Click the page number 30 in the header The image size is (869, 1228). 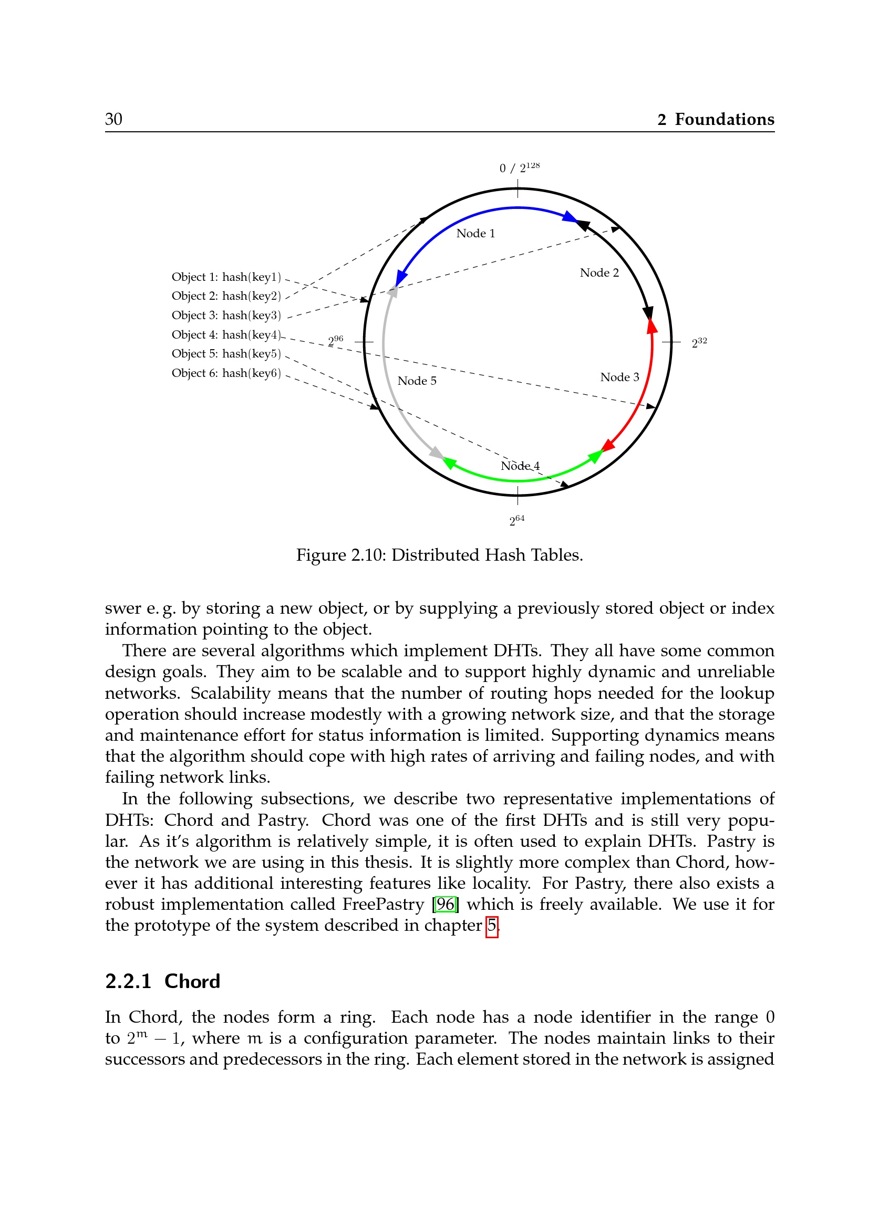coord(113,119)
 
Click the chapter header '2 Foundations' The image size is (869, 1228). coord(716,119)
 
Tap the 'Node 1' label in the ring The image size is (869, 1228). coord(475,233)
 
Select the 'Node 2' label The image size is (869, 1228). coord(599,273)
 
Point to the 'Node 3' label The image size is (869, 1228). coord(619,377)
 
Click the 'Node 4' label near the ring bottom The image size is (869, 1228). coord(520,466)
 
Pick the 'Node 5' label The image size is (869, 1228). coord(416,381)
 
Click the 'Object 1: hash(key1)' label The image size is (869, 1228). coord(226,277)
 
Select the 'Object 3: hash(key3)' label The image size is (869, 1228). coord(226,316)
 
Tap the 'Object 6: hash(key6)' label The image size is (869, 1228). coord(226,373)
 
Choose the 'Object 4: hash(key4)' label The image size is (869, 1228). coord(226,335)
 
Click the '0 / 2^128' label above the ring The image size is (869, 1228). coord(519,167)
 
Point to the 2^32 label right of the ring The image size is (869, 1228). coord(699,343)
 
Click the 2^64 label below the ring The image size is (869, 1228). coord(516,520)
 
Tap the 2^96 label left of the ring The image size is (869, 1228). coord(336,341)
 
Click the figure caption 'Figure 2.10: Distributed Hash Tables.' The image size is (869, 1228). coord(439,555)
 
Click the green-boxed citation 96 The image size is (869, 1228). coord(445,905)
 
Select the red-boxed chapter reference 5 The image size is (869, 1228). coord(491,925)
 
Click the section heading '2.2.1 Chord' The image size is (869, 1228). coord(163,981)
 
